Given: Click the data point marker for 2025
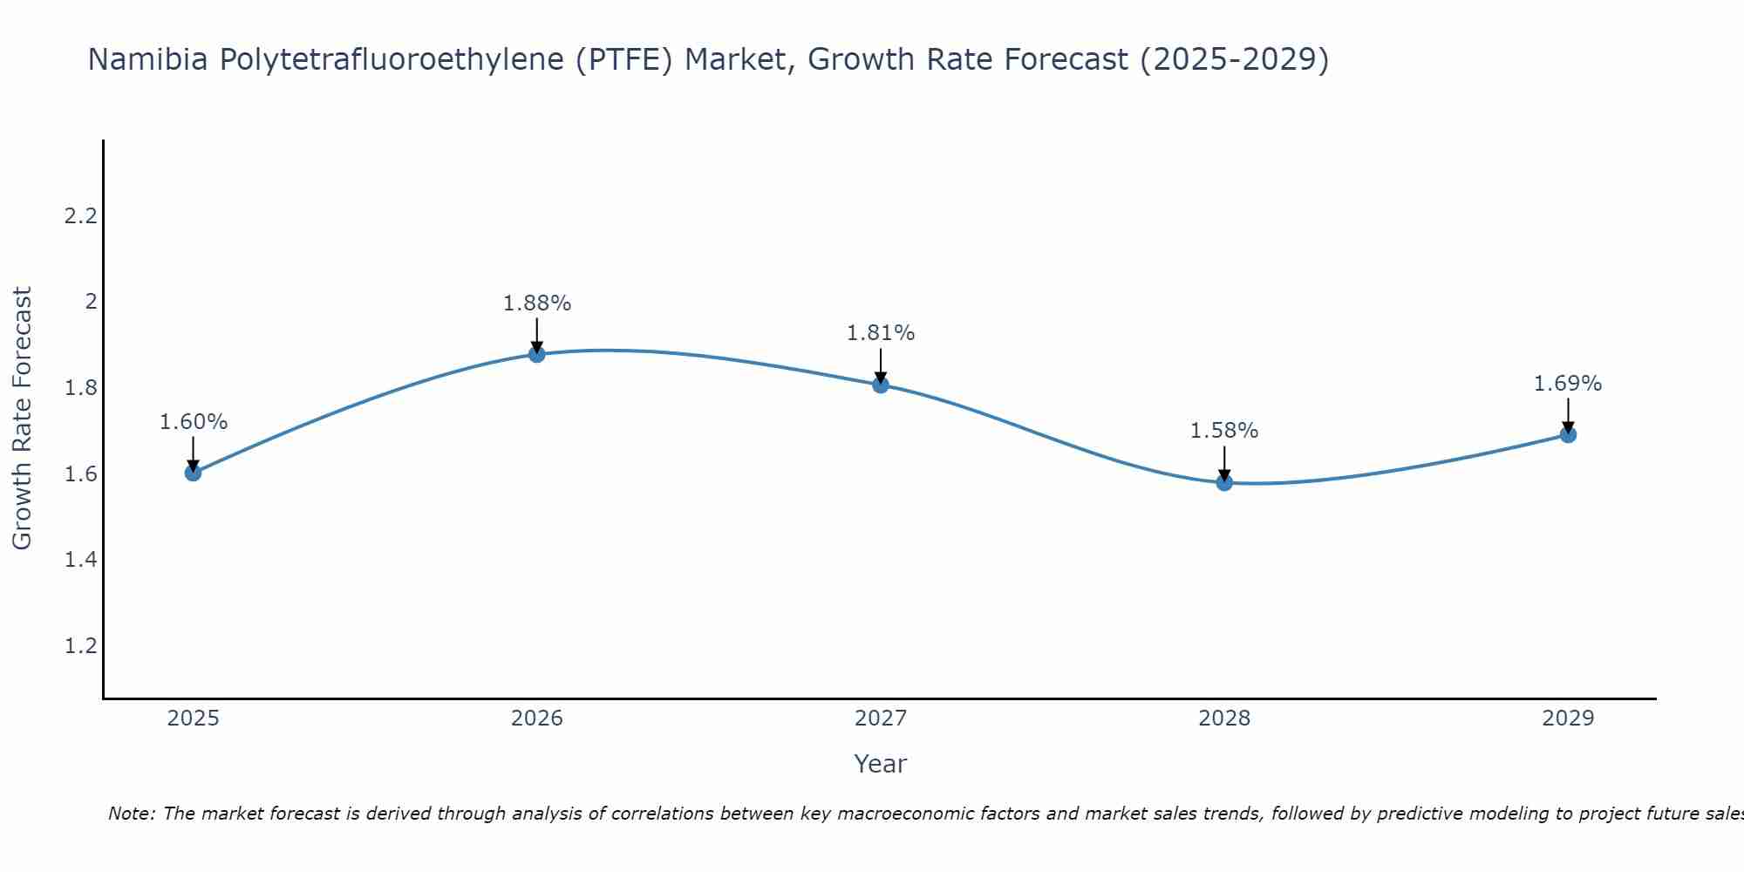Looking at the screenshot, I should [x=193, y=473].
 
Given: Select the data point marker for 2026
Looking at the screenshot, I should [x=537, y=353].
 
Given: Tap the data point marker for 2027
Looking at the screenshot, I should [x=881, y=385].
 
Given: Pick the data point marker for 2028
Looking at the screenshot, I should [x=1224, y=482].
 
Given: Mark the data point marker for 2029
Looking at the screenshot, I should [x=1568, y=434].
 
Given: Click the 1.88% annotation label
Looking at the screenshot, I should [x=537, y=303].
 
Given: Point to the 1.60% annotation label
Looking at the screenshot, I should [x=193, y=422].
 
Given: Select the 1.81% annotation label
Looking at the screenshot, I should [x=881, y=333].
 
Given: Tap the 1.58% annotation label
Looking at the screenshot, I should [x=1224, y=431].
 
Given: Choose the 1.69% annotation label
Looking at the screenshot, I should [x=1568, y=384].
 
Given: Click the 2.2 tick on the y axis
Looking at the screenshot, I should [x=80, y=216].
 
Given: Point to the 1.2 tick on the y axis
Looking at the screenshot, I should [x=80, y=646].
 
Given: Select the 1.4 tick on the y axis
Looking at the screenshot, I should [x=80, y=560].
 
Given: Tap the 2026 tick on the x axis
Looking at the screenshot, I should [x=537, y=719].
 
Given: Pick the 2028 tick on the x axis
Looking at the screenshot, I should [x=1224, y=719].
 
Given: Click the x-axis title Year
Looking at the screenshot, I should [x=881, y=764].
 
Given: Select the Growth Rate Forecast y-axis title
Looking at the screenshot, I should [x=23, y=419].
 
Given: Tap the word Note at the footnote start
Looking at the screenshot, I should [x=131, y=814].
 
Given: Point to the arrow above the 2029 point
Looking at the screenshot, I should [x=1568, y=415].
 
